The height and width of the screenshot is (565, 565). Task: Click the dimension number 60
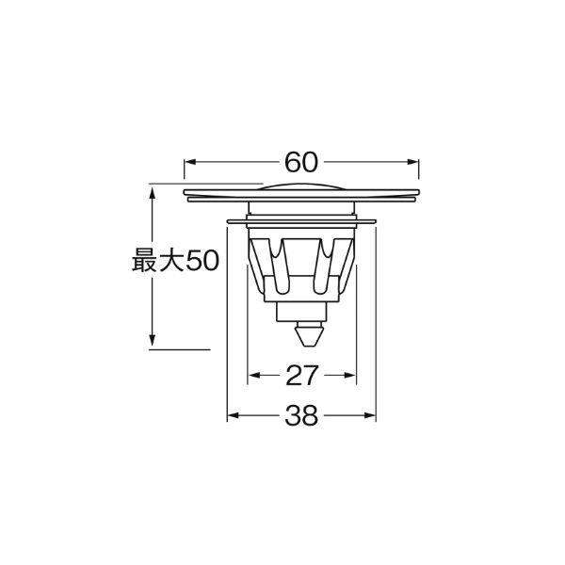300,162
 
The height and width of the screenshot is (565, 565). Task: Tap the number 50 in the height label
202,261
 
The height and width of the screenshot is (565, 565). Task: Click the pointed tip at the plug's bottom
302,345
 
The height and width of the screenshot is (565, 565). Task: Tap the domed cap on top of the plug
301,186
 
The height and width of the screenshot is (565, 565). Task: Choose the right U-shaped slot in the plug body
329,259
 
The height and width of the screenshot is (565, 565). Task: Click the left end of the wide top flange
187,197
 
